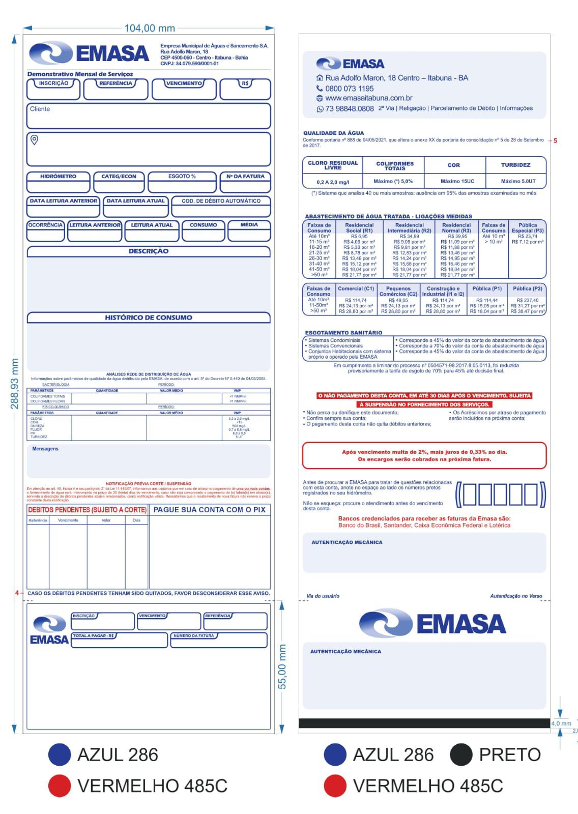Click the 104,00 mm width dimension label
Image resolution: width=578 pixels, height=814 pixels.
click(x=149, y=28)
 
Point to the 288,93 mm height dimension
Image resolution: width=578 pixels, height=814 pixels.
click(x=15, y=384)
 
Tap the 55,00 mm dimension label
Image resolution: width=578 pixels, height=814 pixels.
click(x=283, y=666)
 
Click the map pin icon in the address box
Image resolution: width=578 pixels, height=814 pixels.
click(x=35, y=140)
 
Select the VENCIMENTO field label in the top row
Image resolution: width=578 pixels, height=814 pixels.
click(x=184, y=83)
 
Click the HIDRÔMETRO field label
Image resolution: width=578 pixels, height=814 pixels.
click(x=58, y=177)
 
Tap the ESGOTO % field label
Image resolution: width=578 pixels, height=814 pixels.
click(x=182, y=177)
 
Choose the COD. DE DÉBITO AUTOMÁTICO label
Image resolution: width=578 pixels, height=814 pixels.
click(x=221, y=201)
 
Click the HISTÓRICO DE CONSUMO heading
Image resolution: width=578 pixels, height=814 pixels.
click(x=149, y=317)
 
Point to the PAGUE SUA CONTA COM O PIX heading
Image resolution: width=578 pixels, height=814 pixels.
click(x=209, y=509)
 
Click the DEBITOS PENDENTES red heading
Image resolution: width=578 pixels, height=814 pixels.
click(x=87, y=509)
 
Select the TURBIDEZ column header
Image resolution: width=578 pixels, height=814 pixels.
click(x=515, y=165)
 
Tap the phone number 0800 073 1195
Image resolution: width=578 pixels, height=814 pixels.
click(x=349, y=89)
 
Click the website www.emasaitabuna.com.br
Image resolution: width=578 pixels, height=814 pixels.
click(x=368, y=98)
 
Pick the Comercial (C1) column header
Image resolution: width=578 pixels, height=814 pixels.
click(x=356, y=288)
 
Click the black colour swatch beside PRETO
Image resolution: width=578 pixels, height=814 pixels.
click(x=461, y=754)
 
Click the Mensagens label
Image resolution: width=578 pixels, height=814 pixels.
click(x=45, y=449)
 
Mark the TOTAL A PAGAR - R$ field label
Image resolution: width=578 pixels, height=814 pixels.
click(x=94, y=636)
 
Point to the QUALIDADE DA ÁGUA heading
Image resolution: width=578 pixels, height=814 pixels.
click(x=333, y=133)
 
